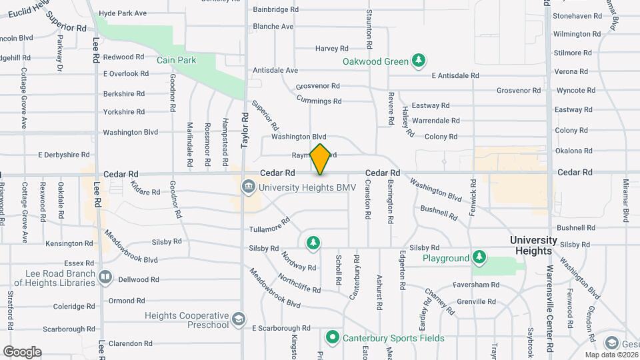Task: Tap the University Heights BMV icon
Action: (248, 186)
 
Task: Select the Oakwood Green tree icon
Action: (419, 61)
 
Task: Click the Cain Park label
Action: (177, 60)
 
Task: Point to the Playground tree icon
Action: (479, 257)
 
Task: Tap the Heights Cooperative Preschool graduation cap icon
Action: (238, 320)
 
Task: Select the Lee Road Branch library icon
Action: (105, 276)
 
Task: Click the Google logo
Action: (22, 352)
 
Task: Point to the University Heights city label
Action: (533, 245)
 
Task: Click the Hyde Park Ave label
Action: (123, 13)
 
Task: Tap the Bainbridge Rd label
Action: (275, 9)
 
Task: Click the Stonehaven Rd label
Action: (577, 15)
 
